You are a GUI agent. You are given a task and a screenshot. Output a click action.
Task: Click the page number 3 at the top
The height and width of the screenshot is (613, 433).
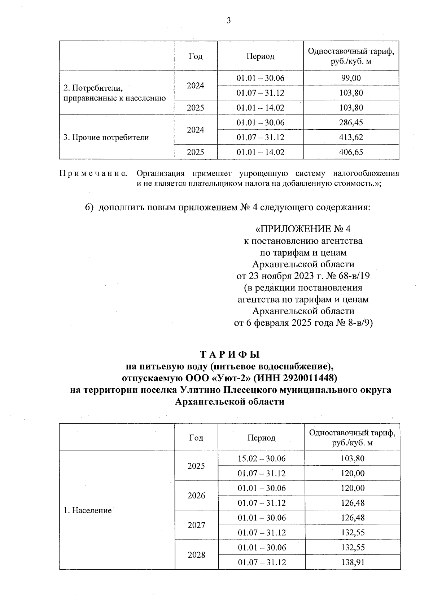click(228, 21)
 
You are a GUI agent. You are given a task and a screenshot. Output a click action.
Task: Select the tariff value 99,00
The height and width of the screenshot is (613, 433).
click(351, 78)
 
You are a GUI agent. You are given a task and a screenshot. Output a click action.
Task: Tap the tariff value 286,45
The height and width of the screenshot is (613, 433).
click(351, 122)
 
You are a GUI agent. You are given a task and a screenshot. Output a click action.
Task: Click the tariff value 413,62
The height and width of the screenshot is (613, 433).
click(351, 137)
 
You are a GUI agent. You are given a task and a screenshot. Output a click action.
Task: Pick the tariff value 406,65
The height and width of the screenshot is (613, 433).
click(351, 152)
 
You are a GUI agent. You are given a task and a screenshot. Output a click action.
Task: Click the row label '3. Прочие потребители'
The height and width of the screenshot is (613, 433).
click(106, 138)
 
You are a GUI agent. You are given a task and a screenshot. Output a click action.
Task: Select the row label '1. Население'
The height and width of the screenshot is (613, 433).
click(88, 510)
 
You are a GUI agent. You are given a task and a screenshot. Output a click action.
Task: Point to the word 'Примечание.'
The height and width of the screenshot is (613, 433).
click(94, 174)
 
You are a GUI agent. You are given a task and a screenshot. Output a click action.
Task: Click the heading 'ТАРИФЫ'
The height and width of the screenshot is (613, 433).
click(229, 355)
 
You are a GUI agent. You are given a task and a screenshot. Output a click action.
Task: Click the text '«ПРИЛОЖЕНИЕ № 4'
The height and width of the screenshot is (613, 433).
click(303, 229)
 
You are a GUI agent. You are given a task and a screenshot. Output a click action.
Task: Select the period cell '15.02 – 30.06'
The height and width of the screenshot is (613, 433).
click(262, 459)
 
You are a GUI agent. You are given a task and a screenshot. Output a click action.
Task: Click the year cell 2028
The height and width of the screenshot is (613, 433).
click(196, 555)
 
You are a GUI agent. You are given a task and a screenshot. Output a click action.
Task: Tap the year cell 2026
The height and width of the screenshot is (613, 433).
click(196, 496)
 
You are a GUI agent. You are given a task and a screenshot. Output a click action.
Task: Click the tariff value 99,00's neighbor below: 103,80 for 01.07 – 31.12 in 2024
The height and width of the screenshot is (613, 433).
click(351, 93)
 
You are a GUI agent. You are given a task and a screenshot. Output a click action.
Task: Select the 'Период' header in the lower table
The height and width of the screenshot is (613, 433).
click(262, 438)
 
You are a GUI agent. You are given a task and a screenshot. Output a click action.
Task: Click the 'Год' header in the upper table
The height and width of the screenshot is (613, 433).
click(196, 56)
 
